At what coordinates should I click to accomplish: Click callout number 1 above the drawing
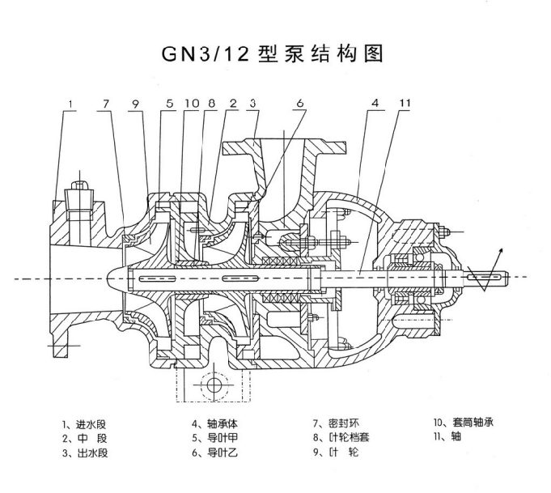(x=72, y=104)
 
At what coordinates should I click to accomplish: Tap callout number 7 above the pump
(x=105, y=104)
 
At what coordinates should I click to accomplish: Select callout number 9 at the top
(x=137, y=104)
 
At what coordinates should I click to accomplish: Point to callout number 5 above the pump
(x=170, y=104)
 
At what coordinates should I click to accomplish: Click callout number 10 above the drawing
(x=191, y=104)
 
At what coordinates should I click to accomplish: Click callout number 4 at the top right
(x=375, y=104)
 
